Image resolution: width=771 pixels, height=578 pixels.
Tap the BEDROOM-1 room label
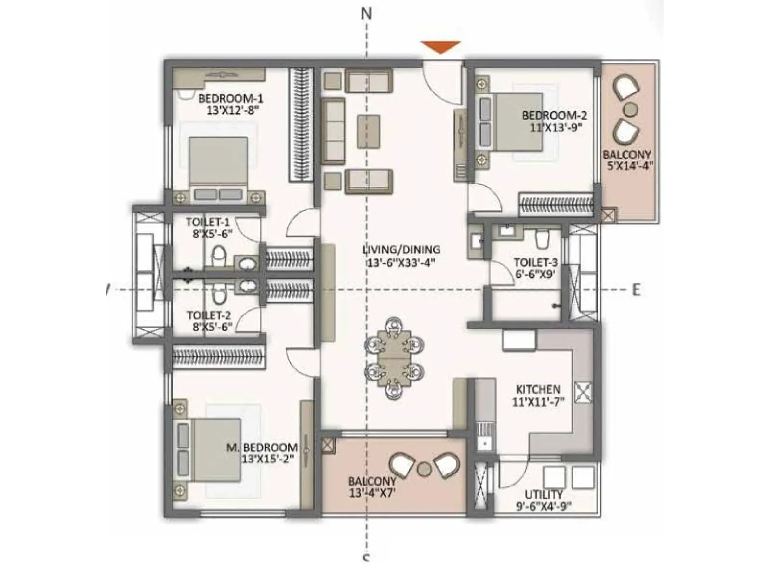coord(230,99)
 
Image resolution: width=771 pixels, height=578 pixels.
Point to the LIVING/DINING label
coord(401,250)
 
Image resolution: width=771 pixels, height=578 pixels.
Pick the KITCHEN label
coord(538,389)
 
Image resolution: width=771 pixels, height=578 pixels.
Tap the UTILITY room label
coord(544,495)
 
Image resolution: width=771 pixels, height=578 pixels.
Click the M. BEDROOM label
coord(262,447)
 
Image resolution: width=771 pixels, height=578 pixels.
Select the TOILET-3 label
coord(535,263)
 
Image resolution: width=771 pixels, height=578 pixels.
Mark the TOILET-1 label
coord(208,223)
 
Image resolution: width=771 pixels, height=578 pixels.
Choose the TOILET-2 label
coord(209,315)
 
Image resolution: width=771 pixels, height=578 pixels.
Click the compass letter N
coord(367,14)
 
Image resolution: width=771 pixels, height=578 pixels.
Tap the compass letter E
coord(636,290)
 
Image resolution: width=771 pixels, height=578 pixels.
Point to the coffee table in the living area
coord(368,131)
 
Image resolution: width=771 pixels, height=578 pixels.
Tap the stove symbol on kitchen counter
coord(583,393)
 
